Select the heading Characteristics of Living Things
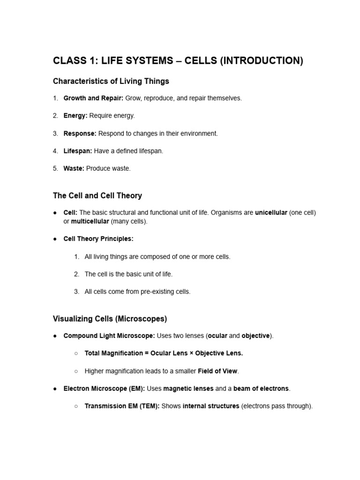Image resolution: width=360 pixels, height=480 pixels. point(111,82)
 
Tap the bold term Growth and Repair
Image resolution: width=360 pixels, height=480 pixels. point(93,98)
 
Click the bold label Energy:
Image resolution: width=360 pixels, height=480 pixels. point(75,116)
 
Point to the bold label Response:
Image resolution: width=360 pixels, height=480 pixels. point(80,134)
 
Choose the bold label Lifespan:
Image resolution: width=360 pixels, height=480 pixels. point(78,151)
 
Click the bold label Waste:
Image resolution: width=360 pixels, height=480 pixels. point(74,168)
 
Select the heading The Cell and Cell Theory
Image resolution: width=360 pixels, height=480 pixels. point(97,195)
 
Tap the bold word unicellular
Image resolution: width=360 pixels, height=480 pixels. point(271,213)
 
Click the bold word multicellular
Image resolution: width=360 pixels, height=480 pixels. point(89,221)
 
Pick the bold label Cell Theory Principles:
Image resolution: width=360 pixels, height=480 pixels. point(98,239)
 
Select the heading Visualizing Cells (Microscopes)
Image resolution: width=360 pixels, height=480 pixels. point(110,319)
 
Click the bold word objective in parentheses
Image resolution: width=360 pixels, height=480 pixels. point(255,336)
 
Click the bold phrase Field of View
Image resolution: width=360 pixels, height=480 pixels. point(217,371)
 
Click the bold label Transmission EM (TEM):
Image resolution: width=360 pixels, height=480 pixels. point(122,406)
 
